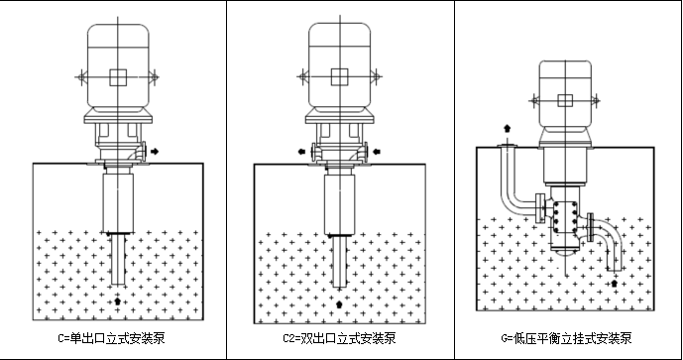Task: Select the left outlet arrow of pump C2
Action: coord(299,153)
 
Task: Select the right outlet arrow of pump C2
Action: coord(380,153)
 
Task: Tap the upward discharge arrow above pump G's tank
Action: coord(509,128)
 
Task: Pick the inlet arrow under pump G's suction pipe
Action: coord(614,284)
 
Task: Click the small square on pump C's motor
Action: coord(118,78)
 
